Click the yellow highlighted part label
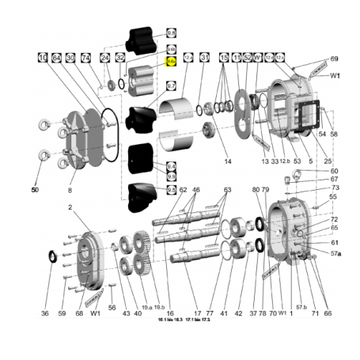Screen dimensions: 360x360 tap(170, 61)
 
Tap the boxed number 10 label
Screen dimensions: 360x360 tap(42, 58)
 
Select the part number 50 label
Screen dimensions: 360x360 tap(34, 190)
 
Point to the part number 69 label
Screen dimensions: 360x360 tap(334, 59)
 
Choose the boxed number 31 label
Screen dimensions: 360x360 tap(204, 58)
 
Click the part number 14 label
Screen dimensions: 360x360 tap(228, 161)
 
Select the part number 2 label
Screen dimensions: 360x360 tap(70, 207)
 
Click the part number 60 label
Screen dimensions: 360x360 tap(334, 172)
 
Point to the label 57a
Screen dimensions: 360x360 tap(335, 253)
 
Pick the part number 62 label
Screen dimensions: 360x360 tap(183, 190)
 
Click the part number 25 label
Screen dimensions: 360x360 tap(328, 161)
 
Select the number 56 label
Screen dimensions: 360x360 tap(112, 308)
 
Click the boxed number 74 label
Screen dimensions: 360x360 tap(86, 58)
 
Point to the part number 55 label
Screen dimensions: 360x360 tap(333, 196)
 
